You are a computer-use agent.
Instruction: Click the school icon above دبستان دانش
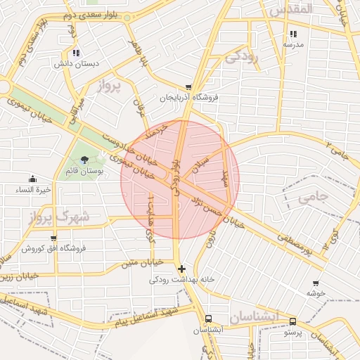(x=75, y=53)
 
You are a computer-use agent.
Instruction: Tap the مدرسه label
(x=293, y=44)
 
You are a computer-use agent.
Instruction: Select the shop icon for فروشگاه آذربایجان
(x=188, y=87)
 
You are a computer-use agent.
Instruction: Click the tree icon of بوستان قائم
(x=85, y=160)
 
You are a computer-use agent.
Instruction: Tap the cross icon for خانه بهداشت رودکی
(x=182, y=269)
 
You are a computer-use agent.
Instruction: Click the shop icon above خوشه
(x=315, y=283)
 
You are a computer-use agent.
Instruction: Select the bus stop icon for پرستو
(x=292, y=321)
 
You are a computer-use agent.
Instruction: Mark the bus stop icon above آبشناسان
(x=207, y=318)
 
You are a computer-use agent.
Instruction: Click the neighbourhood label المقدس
(x=285, y=10)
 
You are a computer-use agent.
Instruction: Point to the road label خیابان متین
(x=142, y=263)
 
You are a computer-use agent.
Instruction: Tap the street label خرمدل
(x=152, y=130)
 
